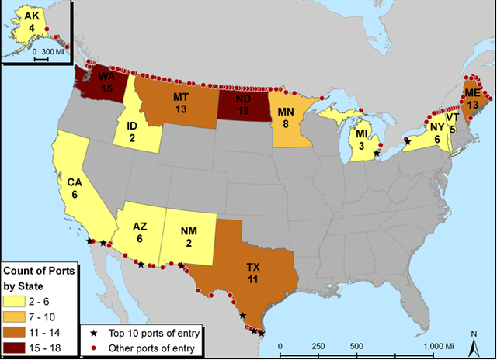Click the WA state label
point(106,75)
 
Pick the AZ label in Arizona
point(140,227)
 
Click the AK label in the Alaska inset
point(32,16)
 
